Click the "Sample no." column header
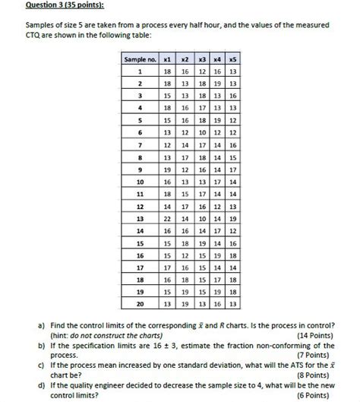coord(140,59)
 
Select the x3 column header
coord(201,59)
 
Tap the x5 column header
coord(232,59)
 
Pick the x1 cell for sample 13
coord(167,218)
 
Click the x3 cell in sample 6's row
coord(201,131)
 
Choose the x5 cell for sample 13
coord(232,218)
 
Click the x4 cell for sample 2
coord(216,83)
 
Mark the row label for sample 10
coord(140,181)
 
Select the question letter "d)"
coord(43,386)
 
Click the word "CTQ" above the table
coord(35,36)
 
